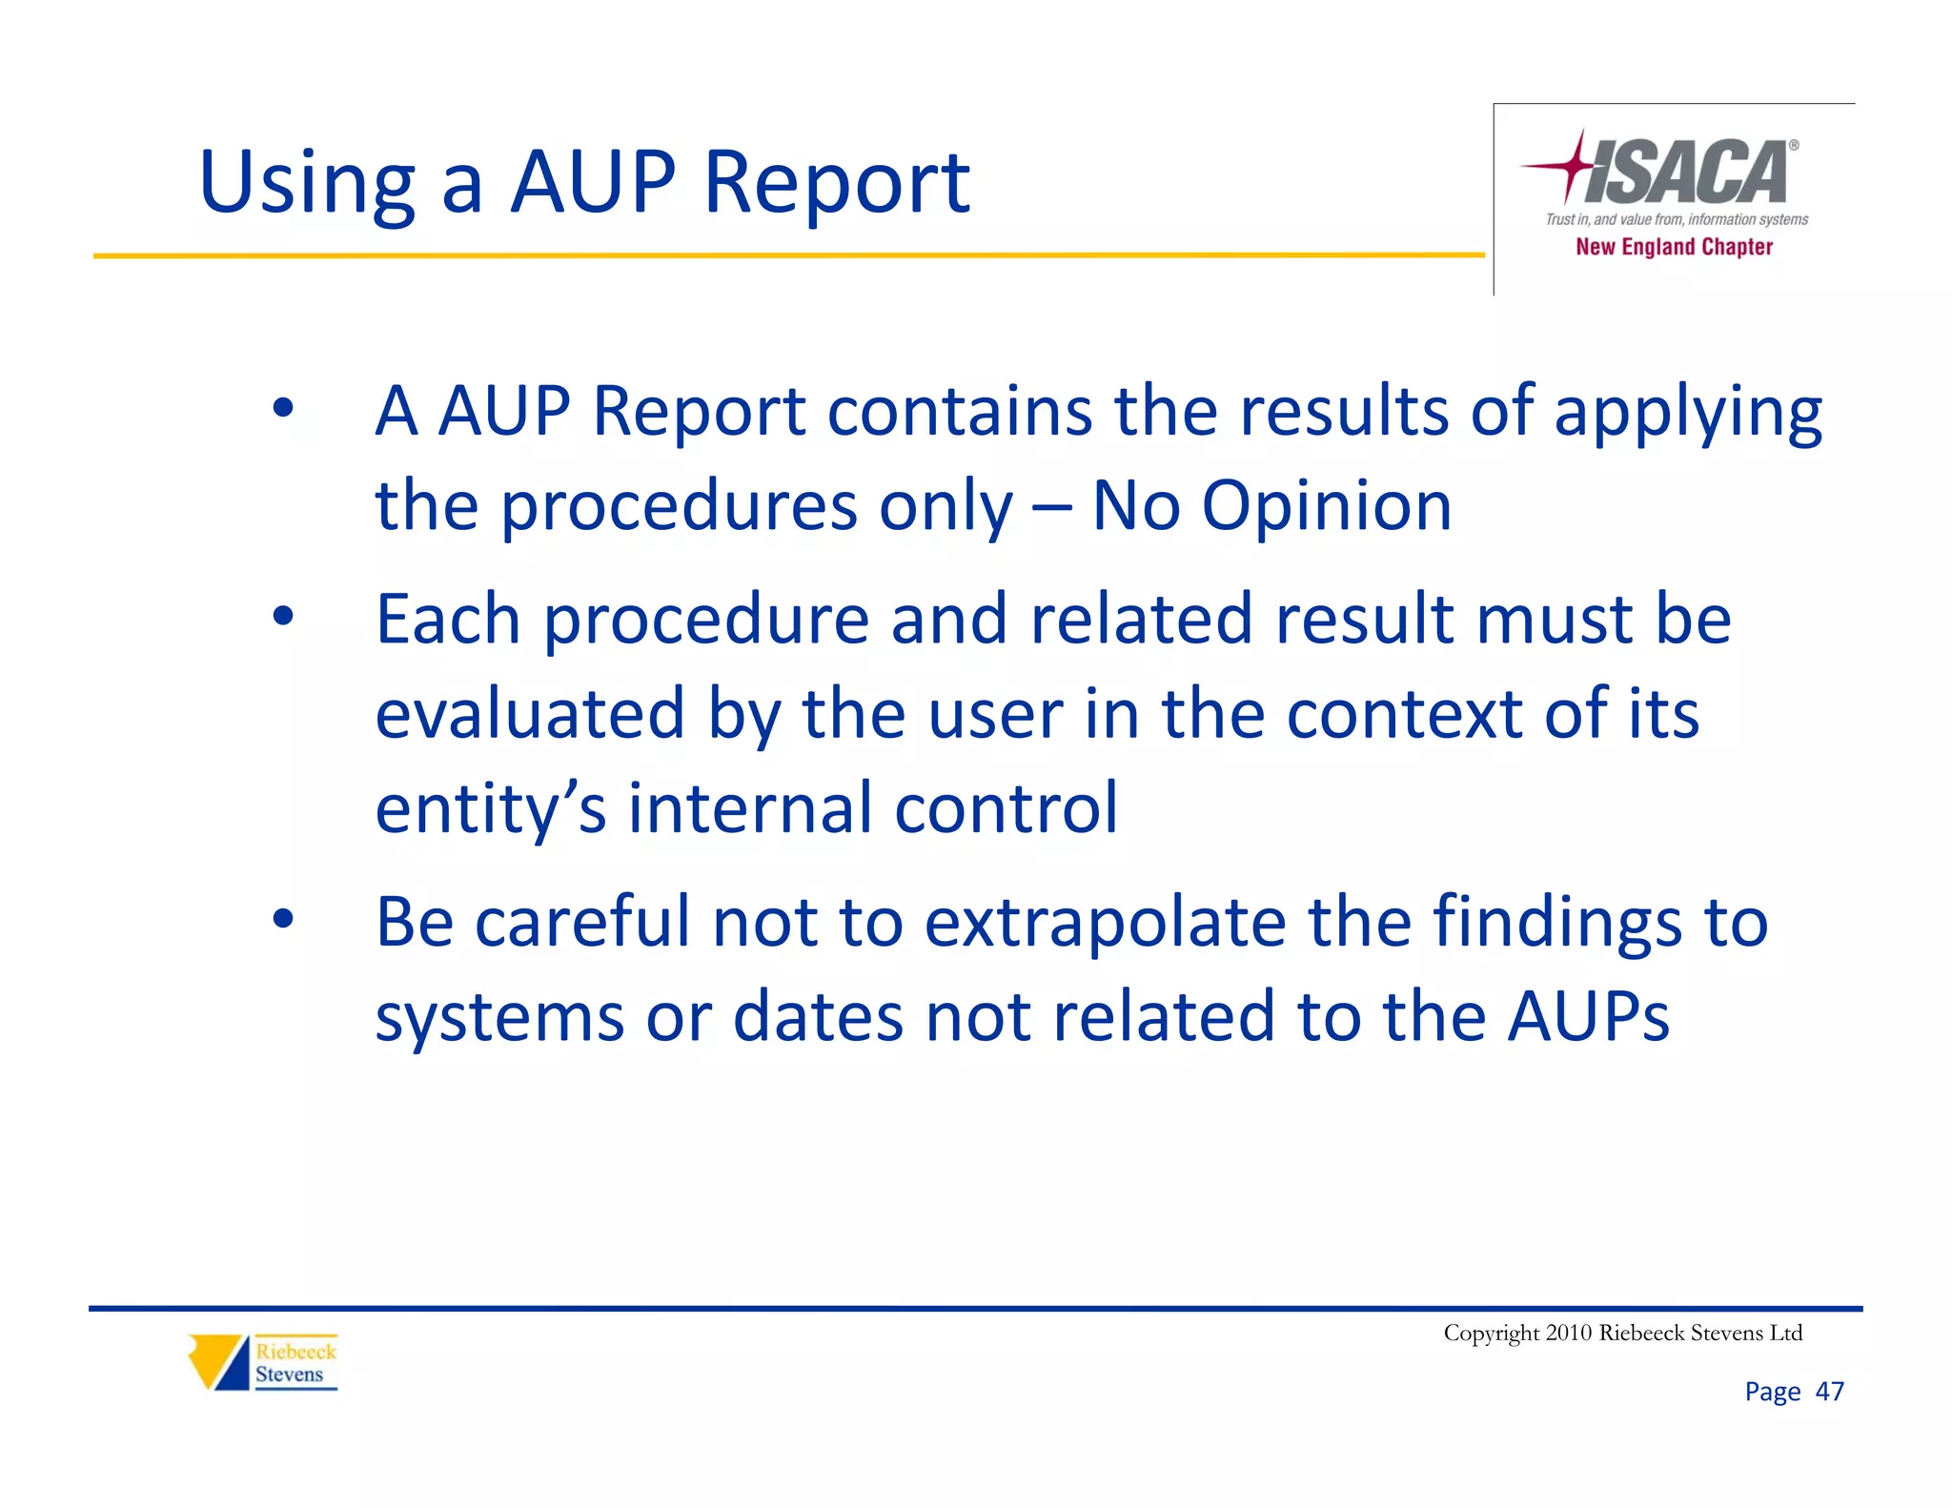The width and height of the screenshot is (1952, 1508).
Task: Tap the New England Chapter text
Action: (1674, 247)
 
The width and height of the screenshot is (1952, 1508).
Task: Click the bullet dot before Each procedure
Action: (283, 617)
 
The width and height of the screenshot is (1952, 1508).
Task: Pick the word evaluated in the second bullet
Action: (530, 714)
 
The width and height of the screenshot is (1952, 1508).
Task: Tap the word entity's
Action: (490, 808)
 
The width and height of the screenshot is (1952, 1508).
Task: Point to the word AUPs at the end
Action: (1588, 1016)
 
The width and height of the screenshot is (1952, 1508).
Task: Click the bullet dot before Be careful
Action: (283, 920)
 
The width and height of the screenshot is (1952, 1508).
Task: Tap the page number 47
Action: (1829, 1392)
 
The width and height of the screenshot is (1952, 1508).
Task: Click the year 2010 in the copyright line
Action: (1569, 1333)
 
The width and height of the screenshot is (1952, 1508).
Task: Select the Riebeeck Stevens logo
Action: (263, 1363)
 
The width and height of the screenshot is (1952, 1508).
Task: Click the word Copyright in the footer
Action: (1491, 1333)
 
